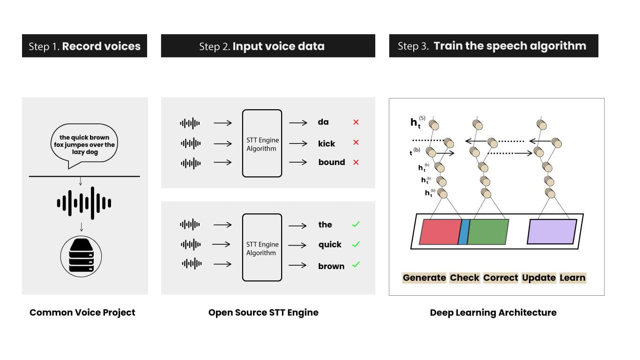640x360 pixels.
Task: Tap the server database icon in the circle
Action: click(82, 256)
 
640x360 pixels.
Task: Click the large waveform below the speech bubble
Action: click(84, 203)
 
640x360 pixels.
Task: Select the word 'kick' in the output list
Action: click(327, 143)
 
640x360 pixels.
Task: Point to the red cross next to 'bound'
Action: click(356, 162)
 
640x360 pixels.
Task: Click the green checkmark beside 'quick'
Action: click(356, 244)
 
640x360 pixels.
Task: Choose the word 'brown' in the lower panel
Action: click(331, 266)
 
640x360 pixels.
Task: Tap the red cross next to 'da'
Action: click(356, 122)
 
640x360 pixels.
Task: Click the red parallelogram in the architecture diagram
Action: click(439, 232)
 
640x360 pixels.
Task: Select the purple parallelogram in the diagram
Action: click(552, 232)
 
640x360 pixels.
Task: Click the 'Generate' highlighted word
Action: click(424, 277)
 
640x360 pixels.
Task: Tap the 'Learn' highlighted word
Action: click(573, 277)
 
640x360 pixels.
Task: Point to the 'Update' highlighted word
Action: click(539, 277)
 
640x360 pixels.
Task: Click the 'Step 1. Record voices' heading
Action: click(84, 46)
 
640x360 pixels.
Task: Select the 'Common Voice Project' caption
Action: click(82, 313)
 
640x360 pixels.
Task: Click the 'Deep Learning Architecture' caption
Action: click(493, 313)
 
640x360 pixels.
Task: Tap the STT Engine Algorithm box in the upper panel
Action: click(262, 143)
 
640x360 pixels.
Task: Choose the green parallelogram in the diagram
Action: click(488, 232)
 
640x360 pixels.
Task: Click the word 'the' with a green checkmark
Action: click(325, 225)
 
